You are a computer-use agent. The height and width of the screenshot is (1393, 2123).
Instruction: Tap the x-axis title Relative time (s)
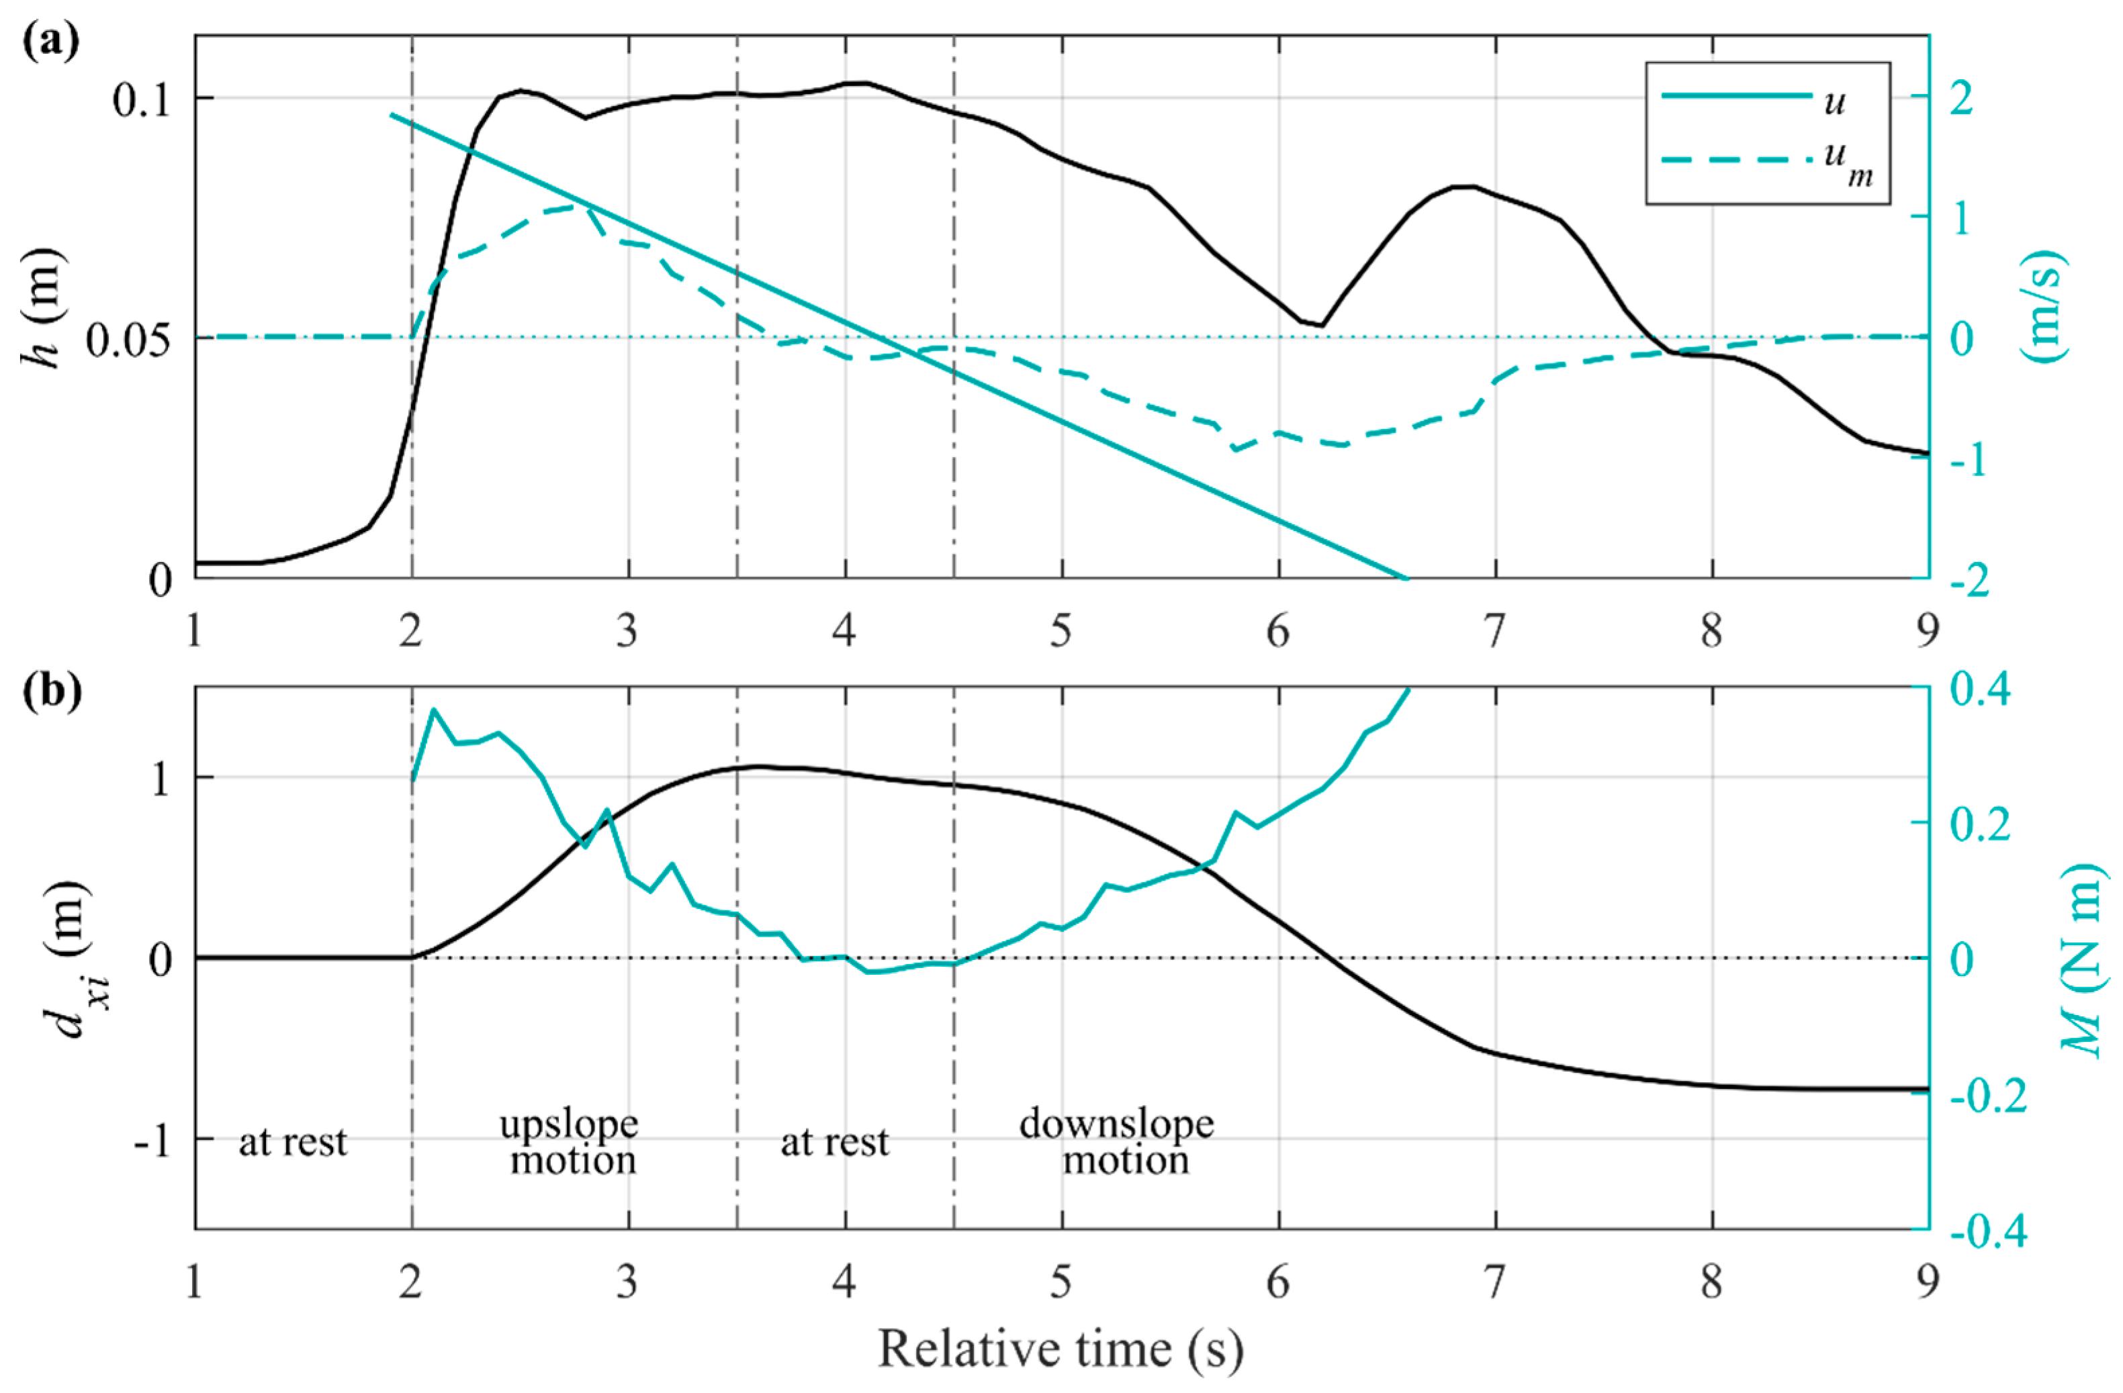point(1060,1349)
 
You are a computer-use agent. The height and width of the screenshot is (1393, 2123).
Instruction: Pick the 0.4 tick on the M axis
point(1980,690)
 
